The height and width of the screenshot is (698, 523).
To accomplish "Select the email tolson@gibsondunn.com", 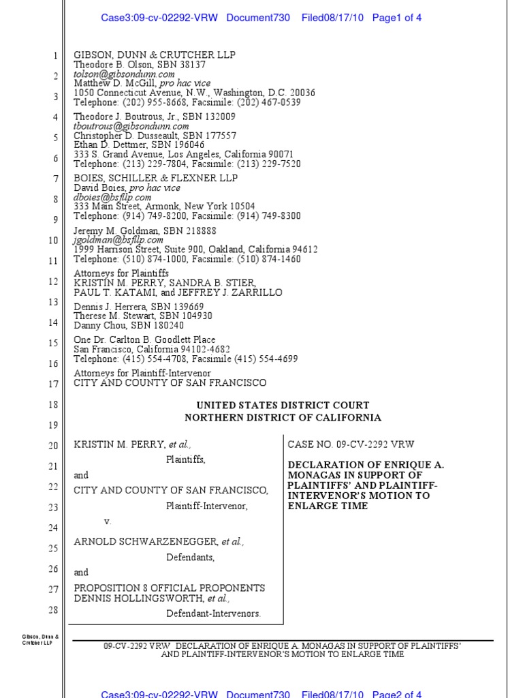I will pyautogui.click(x=124, y=74).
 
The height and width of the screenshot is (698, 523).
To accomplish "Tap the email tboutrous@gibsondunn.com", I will pyautogui.click(x=131, y=126).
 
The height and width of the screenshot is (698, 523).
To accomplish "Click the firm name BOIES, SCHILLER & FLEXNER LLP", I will pyautogui.click(x=155, y=178).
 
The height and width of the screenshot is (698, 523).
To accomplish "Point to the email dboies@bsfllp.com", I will pyautogui.click(x=112, y=197).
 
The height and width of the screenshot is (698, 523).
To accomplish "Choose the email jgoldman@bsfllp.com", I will pyautogui.click(x=118, y=240).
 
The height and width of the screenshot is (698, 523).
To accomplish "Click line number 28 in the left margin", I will pyautogui.click(x=53, y=609).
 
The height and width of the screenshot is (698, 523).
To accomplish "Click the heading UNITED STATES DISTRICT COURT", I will pyautogui.click(x=283, y=406).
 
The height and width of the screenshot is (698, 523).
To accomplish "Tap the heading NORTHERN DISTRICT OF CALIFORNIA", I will pyautogui.click(x=283, y=418).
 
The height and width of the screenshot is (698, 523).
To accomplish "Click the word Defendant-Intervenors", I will pyautogui.click(x=213, y=613).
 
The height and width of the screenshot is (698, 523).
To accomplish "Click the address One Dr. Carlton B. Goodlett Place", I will pyautogui.click(x=144, y=339).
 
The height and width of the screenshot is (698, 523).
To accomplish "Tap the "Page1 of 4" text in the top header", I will pyautogui.click(x=397, y=18).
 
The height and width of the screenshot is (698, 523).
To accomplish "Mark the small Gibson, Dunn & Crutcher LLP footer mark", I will pyautogui.click(x=41, y=640).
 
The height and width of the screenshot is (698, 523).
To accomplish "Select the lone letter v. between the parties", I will pyautogui.click(x=107, y=521).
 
